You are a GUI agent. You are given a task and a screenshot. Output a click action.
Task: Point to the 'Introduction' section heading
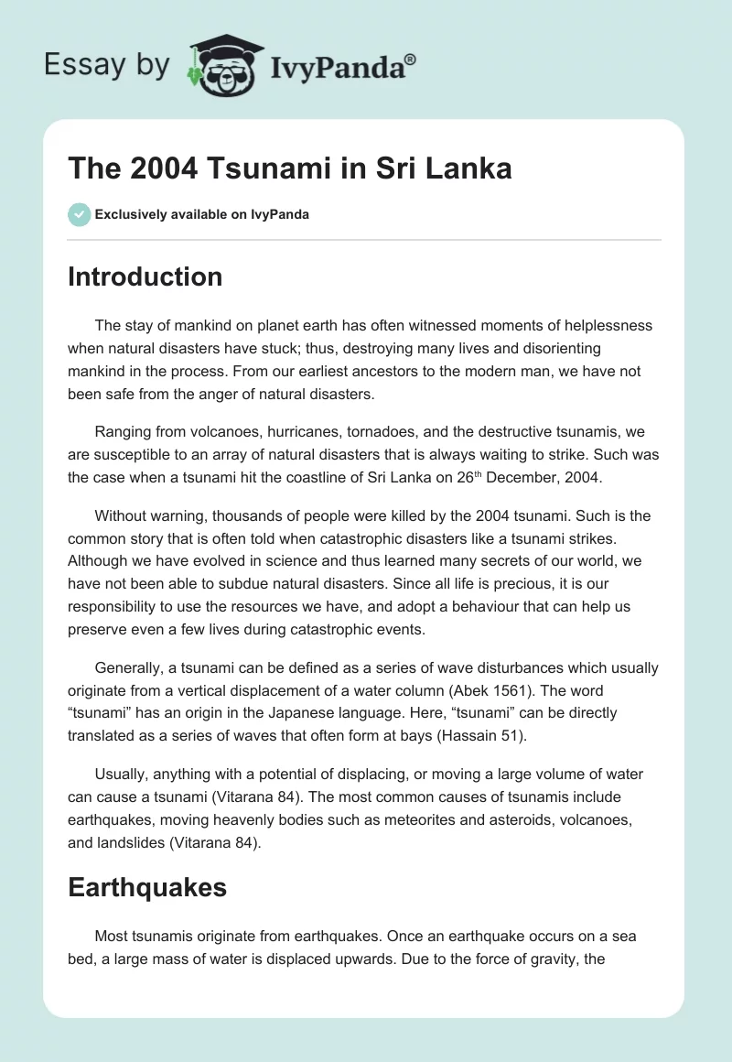[x=145, y=276]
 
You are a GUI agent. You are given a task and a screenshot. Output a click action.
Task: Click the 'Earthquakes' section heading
[x=147, y=886]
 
